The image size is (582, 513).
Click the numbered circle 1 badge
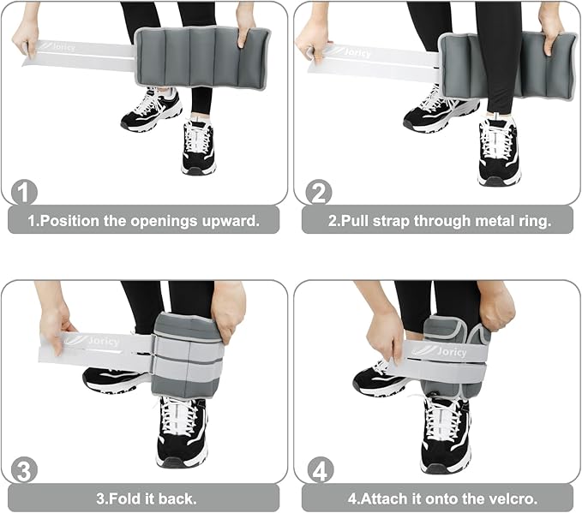click(24, 193)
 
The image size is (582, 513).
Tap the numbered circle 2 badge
click(319, 192)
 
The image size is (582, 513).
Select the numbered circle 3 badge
click(24, 470)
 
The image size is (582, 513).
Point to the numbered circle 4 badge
click(321, 470)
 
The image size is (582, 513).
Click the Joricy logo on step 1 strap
click(57, 46)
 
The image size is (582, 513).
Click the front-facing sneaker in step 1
click(198, 146)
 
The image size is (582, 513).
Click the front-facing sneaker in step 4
click(447, 435)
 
